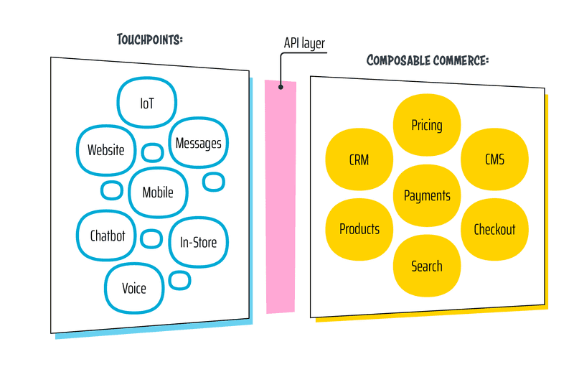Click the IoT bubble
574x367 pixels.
pyautogui.click(x=147, y=103)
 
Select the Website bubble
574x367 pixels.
pyautogui.click(x=106, y=150)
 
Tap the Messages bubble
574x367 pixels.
pyautogui.click(x=199, y=143)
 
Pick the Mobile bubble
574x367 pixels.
pyautogui.click(x=158, y=192)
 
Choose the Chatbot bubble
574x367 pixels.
pyautogui.click(x=108, y=236)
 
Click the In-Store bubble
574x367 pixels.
pyautogui.click(x=198, y=242)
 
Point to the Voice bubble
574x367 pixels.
pyautogui.click(x=134, y=288)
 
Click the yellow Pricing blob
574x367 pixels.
pyautogui.click(x=427, y=126)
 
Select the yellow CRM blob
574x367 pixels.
pyautogui.click(x=359, y=159)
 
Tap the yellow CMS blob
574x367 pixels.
pyautogui.click(x=494, y=159)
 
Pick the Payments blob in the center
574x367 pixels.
pyautogui.click(x=427, y=195)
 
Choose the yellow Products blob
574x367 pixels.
pyautogui.click(x=359, y=229)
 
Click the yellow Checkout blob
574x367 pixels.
pyautogui.click(x=494, y=229)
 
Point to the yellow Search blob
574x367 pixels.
pyautogui.click(x=427, y=266)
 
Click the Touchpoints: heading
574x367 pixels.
pyautogui.click(x=150, y=39)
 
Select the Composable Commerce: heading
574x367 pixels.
pyautogui.click(x=428, y=60)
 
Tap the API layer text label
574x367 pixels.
pyautogui.click(x=304, y=44)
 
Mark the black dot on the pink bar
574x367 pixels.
pyautogui.click(x=281, y=87)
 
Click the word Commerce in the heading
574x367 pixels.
pyautogui.click(x=461, y=60)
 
